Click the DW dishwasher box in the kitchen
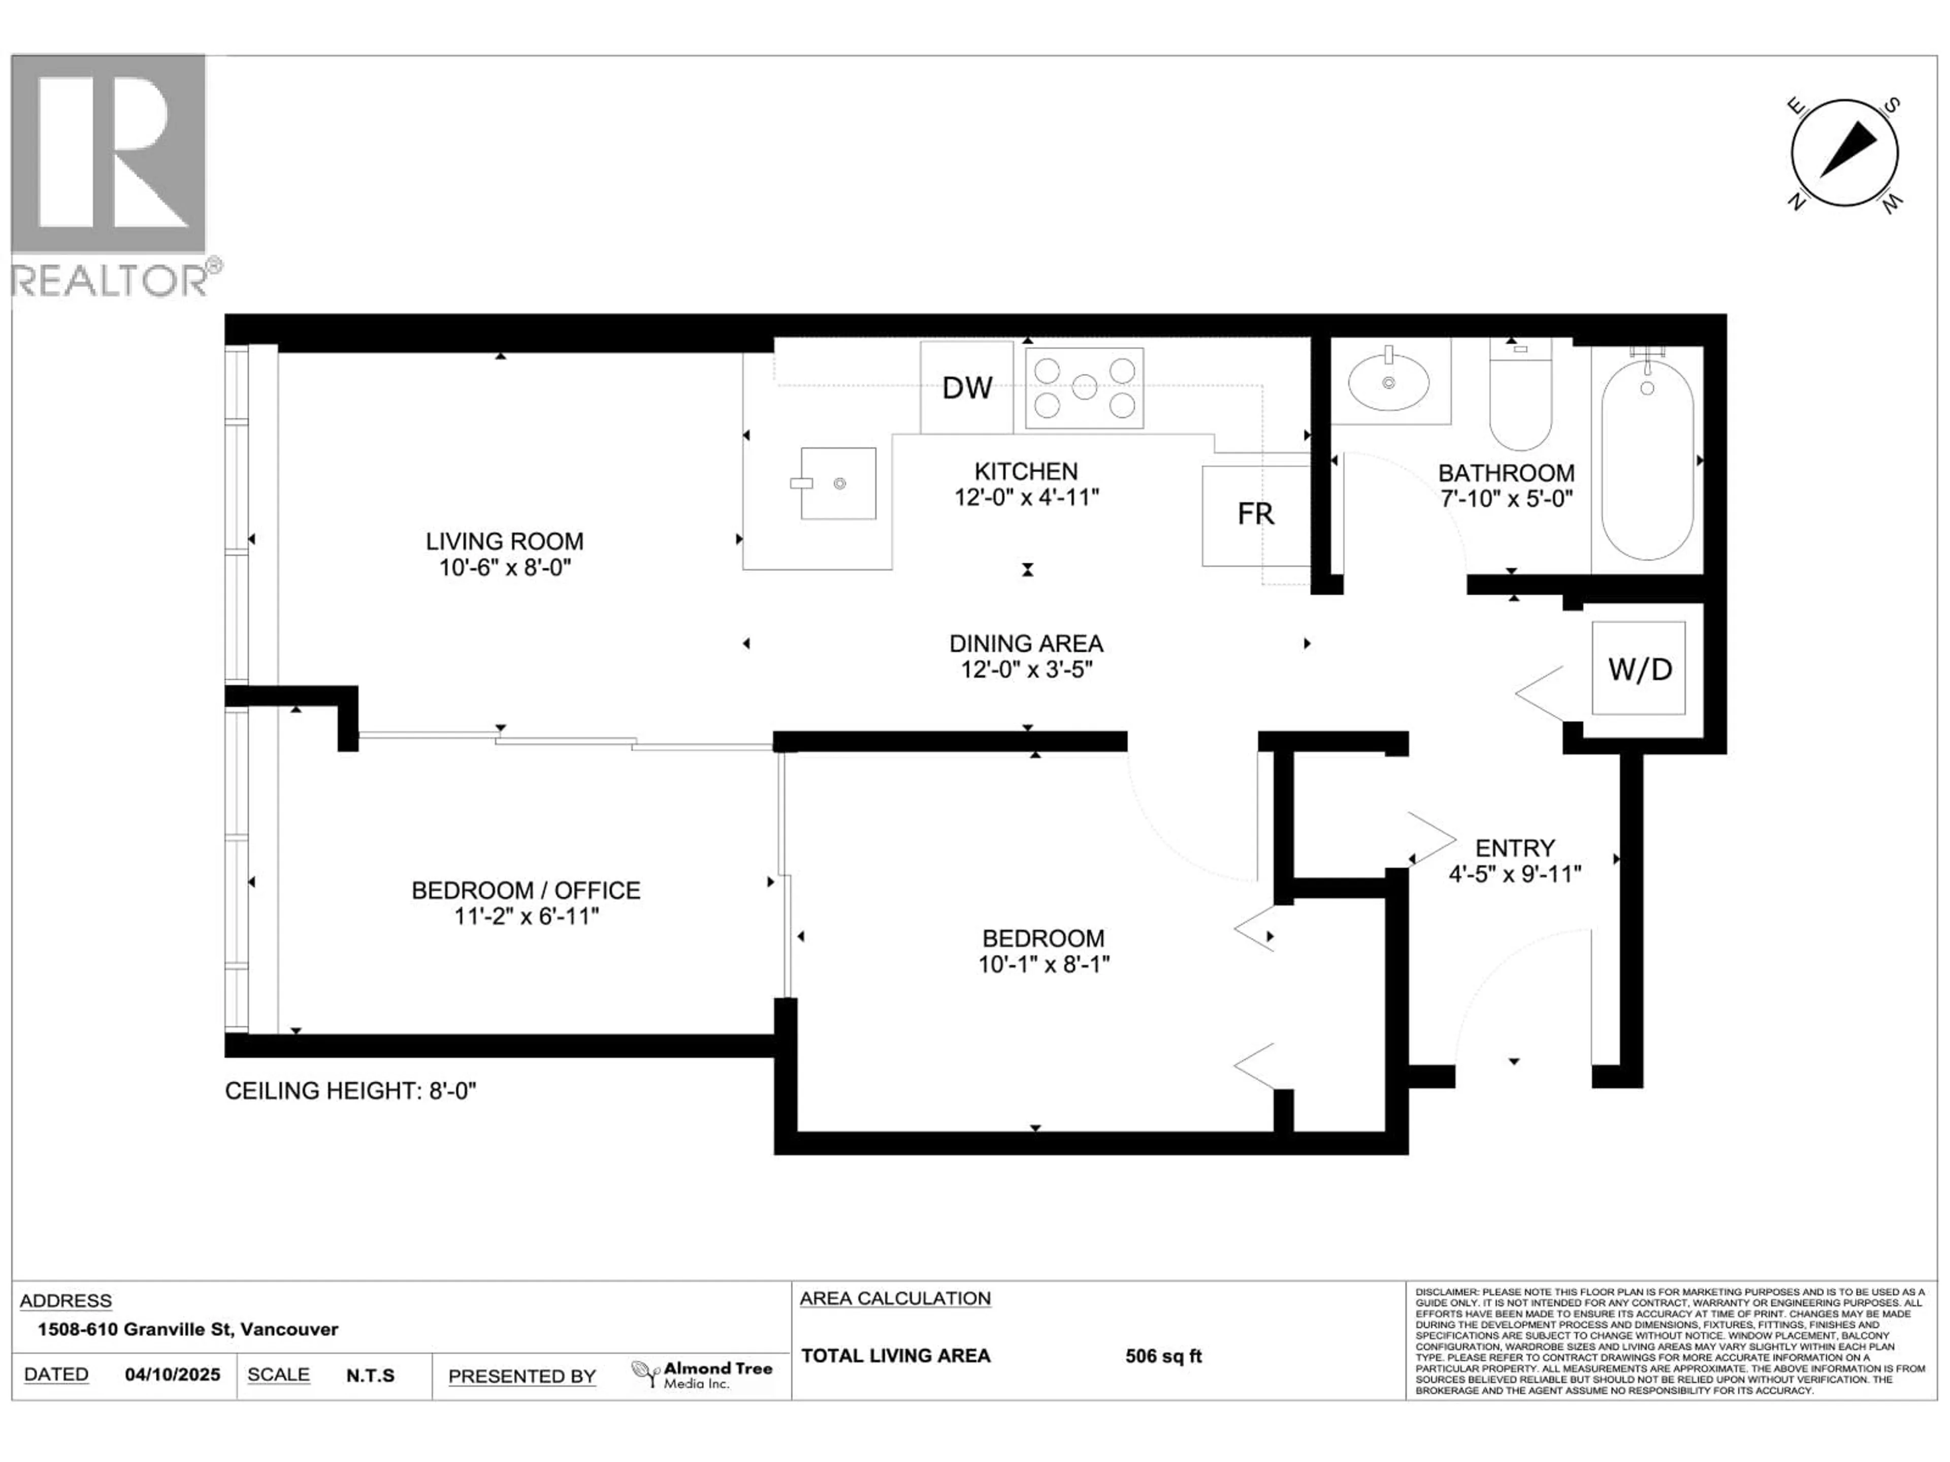point(966,388)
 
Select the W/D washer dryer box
point(1639,669)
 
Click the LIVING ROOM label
point(504,541)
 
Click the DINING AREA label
point(1026,643)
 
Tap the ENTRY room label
point(1514,848)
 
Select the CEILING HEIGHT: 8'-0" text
point(350,1091)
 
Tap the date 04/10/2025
point(172,1375)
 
